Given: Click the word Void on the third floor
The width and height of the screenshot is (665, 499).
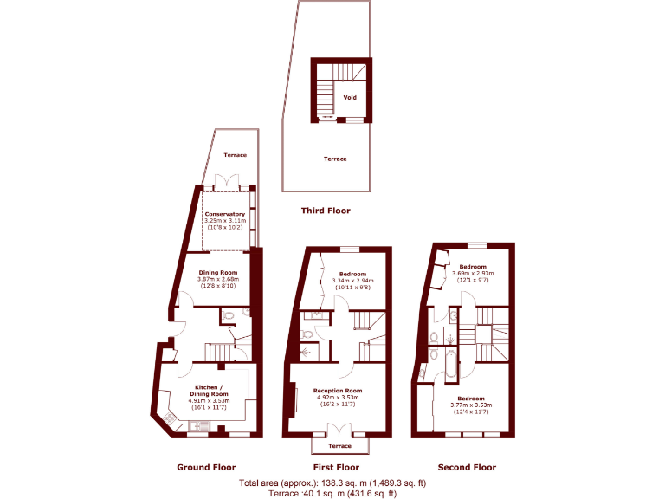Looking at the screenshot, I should click(x=350, y=98).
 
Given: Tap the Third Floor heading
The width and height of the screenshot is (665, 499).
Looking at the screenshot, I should click(x=326, y=211).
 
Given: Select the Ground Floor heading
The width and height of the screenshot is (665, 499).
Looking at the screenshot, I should click(x=206, y=467).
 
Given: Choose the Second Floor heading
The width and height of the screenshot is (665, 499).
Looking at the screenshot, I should click(x=467, y=467).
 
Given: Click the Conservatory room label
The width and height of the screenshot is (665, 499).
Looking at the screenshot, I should click(x=224, y=214).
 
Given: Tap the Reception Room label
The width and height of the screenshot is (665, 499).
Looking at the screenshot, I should click(x=338, y=391).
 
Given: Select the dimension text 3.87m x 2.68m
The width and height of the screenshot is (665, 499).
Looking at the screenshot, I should click(x=217, y=279).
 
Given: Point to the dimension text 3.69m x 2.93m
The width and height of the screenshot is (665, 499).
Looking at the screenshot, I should click(x=473, y=274).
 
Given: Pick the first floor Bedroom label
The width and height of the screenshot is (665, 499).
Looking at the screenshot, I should click(x=352, y=273).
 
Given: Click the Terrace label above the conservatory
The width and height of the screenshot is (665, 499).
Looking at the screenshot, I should click(x=235, y=155).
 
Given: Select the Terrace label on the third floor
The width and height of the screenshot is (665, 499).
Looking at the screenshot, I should click(x=335, y=159).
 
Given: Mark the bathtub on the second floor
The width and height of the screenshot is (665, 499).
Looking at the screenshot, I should click(x=449, y=365).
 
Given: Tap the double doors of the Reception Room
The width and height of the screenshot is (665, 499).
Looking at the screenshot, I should click(x=338, y=429).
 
